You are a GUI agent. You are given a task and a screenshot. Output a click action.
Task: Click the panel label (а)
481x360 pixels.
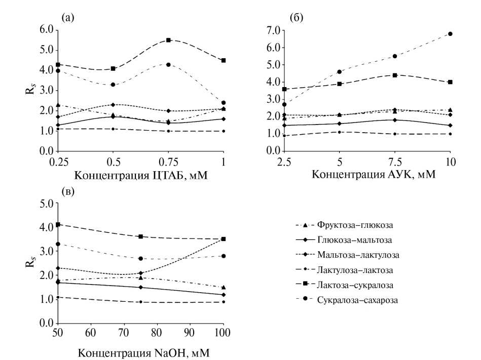click(68, 18)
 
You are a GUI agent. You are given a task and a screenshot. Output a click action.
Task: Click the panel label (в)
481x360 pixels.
click(68, 191)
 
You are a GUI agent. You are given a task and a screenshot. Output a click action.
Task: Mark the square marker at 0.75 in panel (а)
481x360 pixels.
click(168, 40)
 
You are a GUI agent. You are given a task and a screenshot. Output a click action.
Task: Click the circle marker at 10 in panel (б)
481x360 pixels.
click(450, 34)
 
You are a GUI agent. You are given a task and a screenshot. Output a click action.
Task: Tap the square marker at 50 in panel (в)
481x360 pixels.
click(58, 224)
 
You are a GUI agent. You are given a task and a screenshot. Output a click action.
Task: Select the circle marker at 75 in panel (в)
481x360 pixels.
click(140, 259)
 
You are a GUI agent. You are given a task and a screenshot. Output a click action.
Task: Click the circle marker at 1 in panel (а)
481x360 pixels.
click(223, 103)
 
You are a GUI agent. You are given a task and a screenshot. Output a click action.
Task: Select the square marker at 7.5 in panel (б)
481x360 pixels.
click(394, 75)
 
